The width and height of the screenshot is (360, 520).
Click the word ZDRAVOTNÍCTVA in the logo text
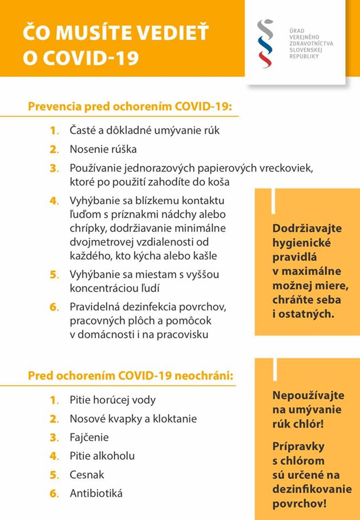pos(311,43)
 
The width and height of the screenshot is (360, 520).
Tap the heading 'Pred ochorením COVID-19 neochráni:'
pos(131,375)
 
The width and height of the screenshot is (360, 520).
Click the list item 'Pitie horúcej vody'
pos(112,400)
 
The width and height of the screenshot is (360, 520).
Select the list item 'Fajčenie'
pos(89,437)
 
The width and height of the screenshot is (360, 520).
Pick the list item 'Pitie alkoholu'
pos(102,456)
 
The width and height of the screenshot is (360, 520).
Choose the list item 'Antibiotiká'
pos(96,493)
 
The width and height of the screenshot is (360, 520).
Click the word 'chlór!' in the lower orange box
pos(311,423)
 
